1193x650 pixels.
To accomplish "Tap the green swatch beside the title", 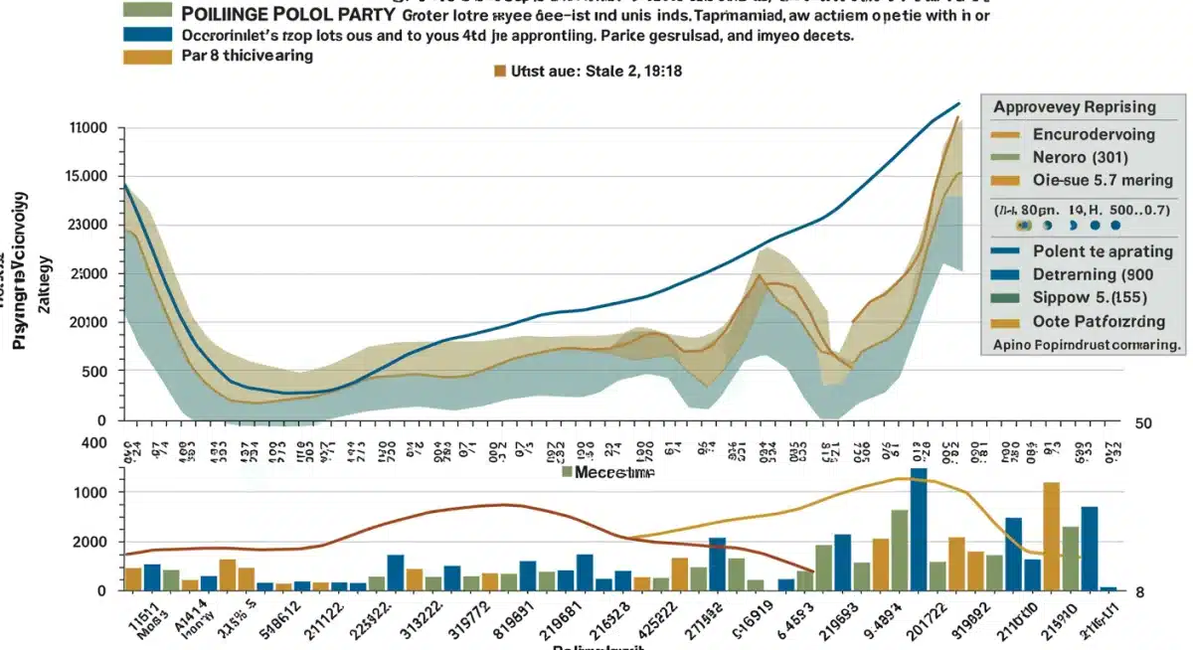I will [x=149, y=12].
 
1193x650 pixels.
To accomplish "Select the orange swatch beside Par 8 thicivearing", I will [x=148, y=56].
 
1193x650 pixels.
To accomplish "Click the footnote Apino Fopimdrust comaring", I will [x=1086, y=345].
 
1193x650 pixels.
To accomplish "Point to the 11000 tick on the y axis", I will [x=86, y=128].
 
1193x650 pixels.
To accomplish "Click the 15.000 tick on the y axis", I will [x=85, y=177].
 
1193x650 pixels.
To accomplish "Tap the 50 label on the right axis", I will [x=1143, y=423].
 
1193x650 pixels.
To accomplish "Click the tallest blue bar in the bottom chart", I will [x=918, y=529].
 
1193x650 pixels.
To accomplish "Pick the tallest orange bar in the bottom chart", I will [x=1051, y=536].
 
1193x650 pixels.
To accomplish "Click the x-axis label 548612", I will [x=281, y=621].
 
